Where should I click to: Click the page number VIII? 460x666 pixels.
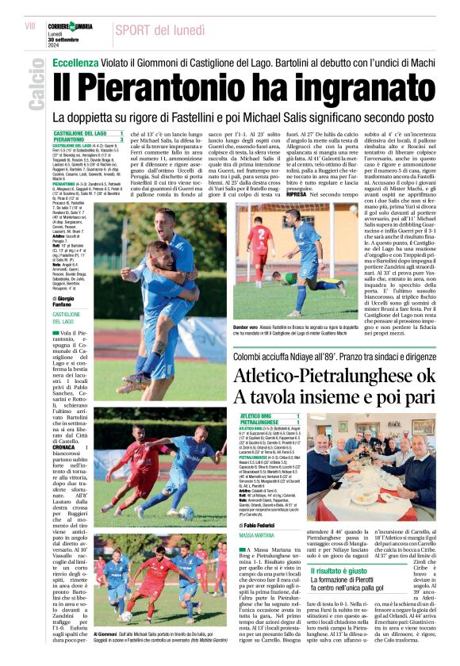click(x=30, y=26)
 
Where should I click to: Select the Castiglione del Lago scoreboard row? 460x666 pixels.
click(x=88, y=133)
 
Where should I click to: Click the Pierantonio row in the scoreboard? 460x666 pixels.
click(x=88, y=140)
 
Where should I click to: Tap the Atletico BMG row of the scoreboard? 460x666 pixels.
click(x=269, y=415)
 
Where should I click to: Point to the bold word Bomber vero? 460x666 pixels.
click(x=247, y=326)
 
